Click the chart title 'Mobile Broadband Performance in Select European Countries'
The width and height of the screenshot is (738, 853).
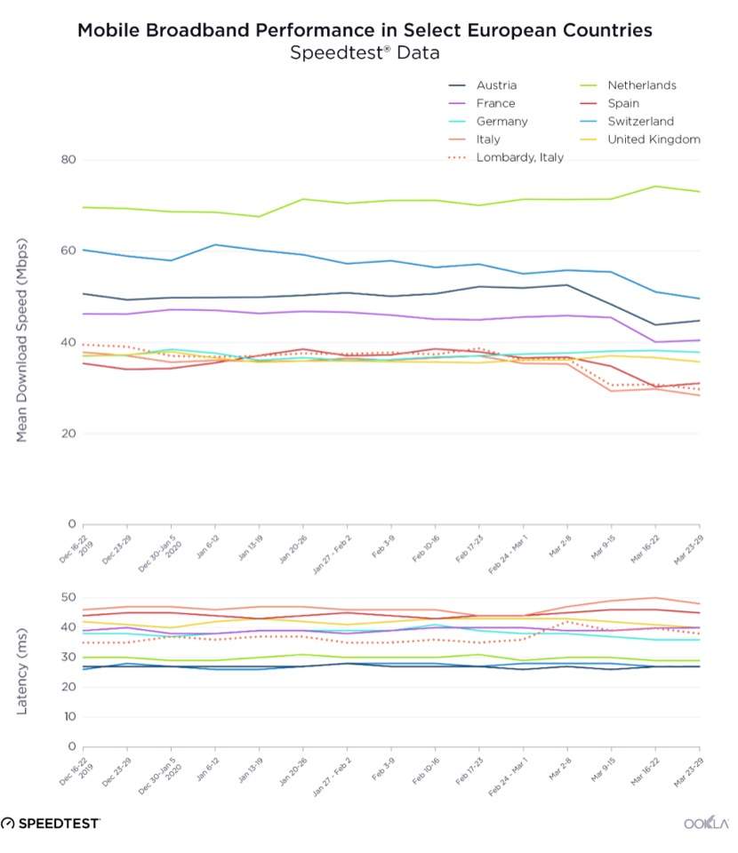pyautogui.click(x=365, y=30)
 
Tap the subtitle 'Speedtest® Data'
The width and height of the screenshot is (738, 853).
pyautogui.click(x=365, y=53)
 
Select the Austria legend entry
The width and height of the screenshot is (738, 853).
pyautogui.click(x=496, y=85)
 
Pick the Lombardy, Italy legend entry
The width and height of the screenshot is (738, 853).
pyautogui.click(x=520, y=157)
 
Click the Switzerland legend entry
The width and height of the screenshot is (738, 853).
pyautogui.click(x=640, y=121)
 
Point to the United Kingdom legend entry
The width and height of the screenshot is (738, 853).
pyautogui.click(x=654, y=140)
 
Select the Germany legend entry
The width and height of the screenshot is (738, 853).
pyautogui.click(x=501, y=121)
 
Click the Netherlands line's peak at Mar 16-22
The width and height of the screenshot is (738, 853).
pyautogui.click(x=655, y=187)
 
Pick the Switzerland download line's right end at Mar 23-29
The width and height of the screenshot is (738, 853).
pyautogui.click(x=699, y=299)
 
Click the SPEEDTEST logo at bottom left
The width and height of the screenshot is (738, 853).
pyautogui.click(x=51, y=823)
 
